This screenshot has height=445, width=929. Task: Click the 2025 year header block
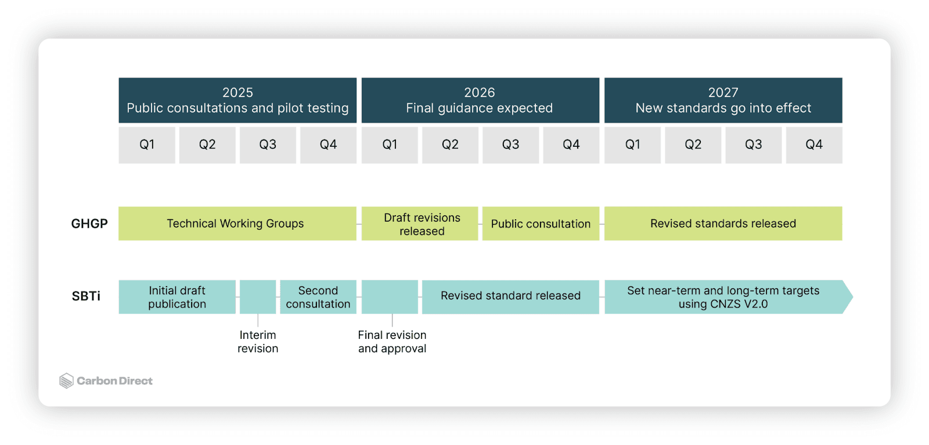coord(237,100)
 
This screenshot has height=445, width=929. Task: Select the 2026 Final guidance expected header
coord(480,100)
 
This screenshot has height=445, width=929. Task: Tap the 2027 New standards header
coord(723,100)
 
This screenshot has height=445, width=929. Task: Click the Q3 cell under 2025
coord(268,145)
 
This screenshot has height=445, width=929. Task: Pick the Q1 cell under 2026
coord(390,145)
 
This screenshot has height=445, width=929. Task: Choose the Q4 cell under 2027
coord(814,145)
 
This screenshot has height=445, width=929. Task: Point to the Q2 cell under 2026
coord(450,145)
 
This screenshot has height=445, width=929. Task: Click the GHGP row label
coord(89,224)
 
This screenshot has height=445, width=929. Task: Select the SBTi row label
coord(86,296)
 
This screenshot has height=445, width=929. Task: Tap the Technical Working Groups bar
coord(237,223)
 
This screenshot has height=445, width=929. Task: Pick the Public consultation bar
coord(541,223)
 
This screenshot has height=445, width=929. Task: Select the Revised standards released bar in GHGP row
coord(723,223)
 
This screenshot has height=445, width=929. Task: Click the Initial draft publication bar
coord(177,296)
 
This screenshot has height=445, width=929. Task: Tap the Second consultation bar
coord(318,296)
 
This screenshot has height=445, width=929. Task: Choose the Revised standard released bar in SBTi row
coord(510,296)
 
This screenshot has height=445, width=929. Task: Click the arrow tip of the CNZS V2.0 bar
coord(852,296)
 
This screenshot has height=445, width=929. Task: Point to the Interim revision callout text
coord(258,341)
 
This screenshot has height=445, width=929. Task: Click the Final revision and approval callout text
coord(392,341)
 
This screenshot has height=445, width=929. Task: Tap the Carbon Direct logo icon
coord(66,381)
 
